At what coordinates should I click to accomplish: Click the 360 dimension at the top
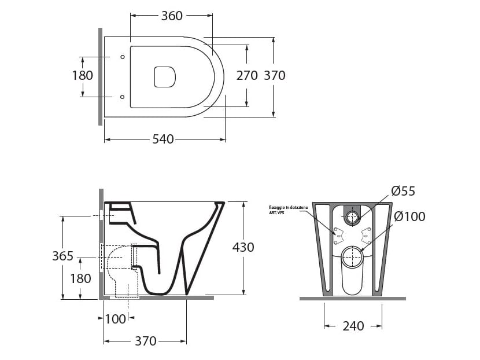pos(172,16)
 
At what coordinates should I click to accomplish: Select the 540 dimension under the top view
pos(163,139)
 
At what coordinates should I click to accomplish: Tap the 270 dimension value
pos(247,75)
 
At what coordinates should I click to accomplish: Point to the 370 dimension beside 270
pos(275,75)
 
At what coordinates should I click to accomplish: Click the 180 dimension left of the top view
pos(82,75)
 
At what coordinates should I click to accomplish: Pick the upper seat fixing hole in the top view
pos(122,57)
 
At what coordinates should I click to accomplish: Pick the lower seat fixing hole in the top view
pos(122,97)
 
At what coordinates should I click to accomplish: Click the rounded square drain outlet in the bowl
pos(165,77)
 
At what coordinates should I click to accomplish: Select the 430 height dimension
pos(243,247)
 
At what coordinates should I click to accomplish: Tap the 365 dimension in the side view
pos(62,256)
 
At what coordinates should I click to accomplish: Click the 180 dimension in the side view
pos(80,278)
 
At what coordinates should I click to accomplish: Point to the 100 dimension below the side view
pos(115,319)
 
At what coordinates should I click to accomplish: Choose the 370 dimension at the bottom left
pos(146,341)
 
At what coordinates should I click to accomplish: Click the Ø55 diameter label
pos(403,191)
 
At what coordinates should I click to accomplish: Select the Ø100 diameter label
pos(409,217)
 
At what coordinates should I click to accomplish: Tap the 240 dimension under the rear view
pos(353,326)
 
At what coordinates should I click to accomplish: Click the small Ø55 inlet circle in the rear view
pos(352,218)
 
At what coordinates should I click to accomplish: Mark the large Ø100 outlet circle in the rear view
pos(352,257)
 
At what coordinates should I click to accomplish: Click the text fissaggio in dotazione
pos(287,207)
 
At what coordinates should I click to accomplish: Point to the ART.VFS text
pos(276,212)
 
